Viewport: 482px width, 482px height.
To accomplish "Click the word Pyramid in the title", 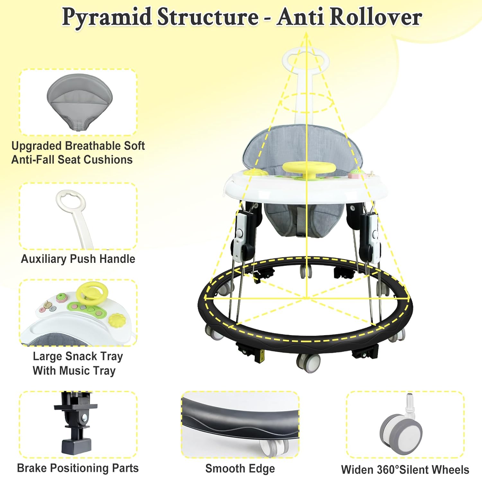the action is click(107, 17).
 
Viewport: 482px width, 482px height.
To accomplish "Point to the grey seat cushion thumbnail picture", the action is click(79, 101).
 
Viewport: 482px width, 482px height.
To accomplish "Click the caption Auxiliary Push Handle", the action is click(78, 259).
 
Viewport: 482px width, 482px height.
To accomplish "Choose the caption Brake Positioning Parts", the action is click(78, 468).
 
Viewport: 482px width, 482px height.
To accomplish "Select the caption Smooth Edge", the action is click(240, 469).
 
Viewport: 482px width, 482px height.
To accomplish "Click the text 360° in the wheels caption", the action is click(385, 470).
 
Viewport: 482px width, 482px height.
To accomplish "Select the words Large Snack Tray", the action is click(78, 356).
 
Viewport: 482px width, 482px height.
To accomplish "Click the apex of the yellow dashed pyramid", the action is click(306, 33).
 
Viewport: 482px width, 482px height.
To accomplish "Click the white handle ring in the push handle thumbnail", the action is click(71, 201).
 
